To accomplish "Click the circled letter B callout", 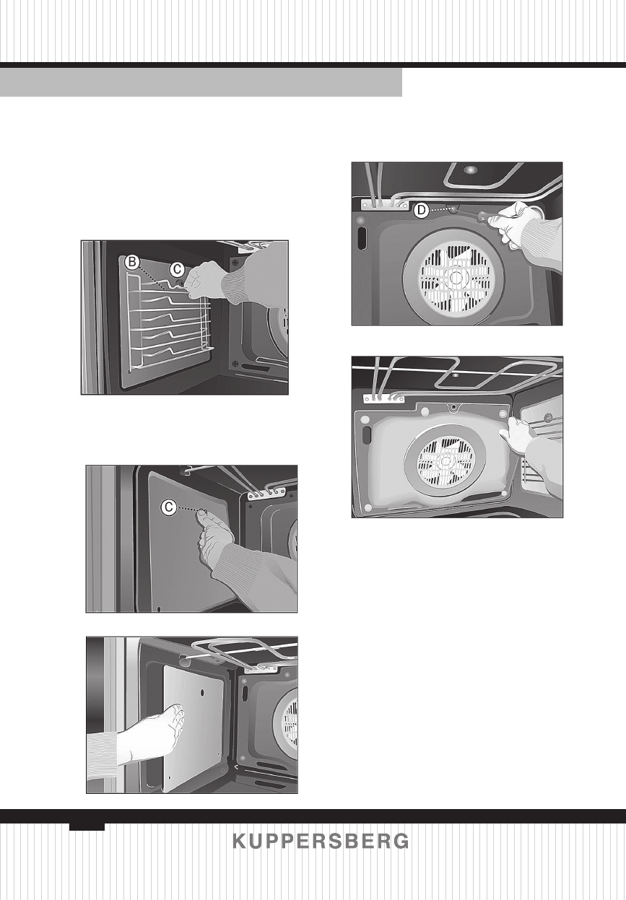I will [131, 263].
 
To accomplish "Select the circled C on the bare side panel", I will [168, 508].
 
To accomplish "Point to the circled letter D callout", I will [421, 211].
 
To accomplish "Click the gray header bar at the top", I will [201, 82].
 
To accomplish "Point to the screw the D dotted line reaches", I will [452, 210].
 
